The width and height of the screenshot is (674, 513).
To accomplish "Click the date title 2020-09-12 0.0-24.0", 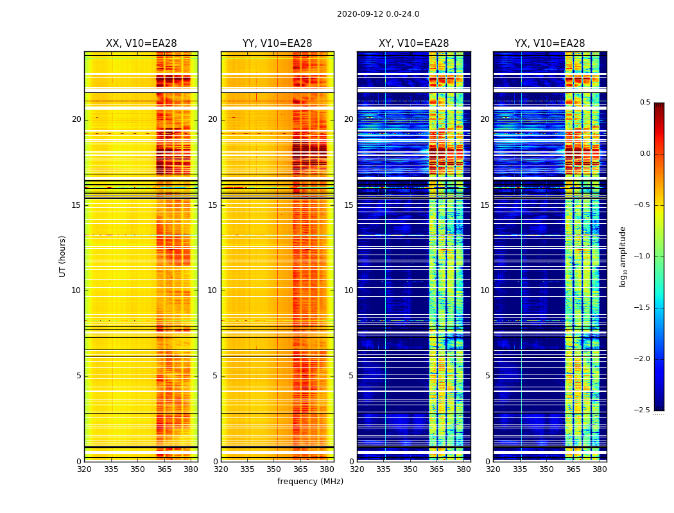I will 378,14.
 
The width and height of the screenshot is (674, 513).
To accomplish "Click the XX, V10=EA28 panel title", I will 141,44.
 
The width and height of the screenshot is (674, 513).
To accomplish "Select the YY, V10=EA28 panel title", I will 277,44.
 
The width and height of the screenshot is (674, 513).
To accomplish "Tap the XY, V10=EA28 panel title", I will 413,44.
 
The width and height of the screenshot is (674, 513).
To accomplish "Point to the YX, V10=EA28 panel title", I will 549,44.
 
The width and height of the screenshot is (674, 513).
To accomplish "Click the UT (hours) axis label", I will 62,256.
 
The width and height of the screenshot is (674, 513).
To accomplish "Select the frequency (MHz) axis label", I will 310,482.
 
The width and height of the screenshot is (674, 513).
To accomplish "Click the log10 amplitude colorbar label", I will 623,256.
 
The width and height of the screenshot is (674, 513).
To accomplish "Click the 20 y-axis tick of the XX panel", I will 76,119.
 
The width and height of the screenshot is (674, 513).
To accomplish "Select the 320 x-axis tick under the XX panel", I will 84,469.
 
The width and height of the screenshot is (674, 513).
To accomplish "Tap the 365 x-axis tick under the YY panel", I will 300,469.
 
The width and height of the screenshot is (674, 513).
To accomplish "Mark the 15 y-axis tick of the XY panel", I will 349,205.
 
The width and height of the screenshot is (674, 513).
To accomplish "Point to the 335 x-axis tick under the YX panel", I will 520,469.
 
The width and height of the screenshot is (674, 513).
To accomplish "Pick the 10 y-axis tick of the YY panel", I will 212,290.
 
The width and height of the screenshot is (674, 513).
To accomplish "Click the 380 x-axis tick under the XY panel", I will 463,469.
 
